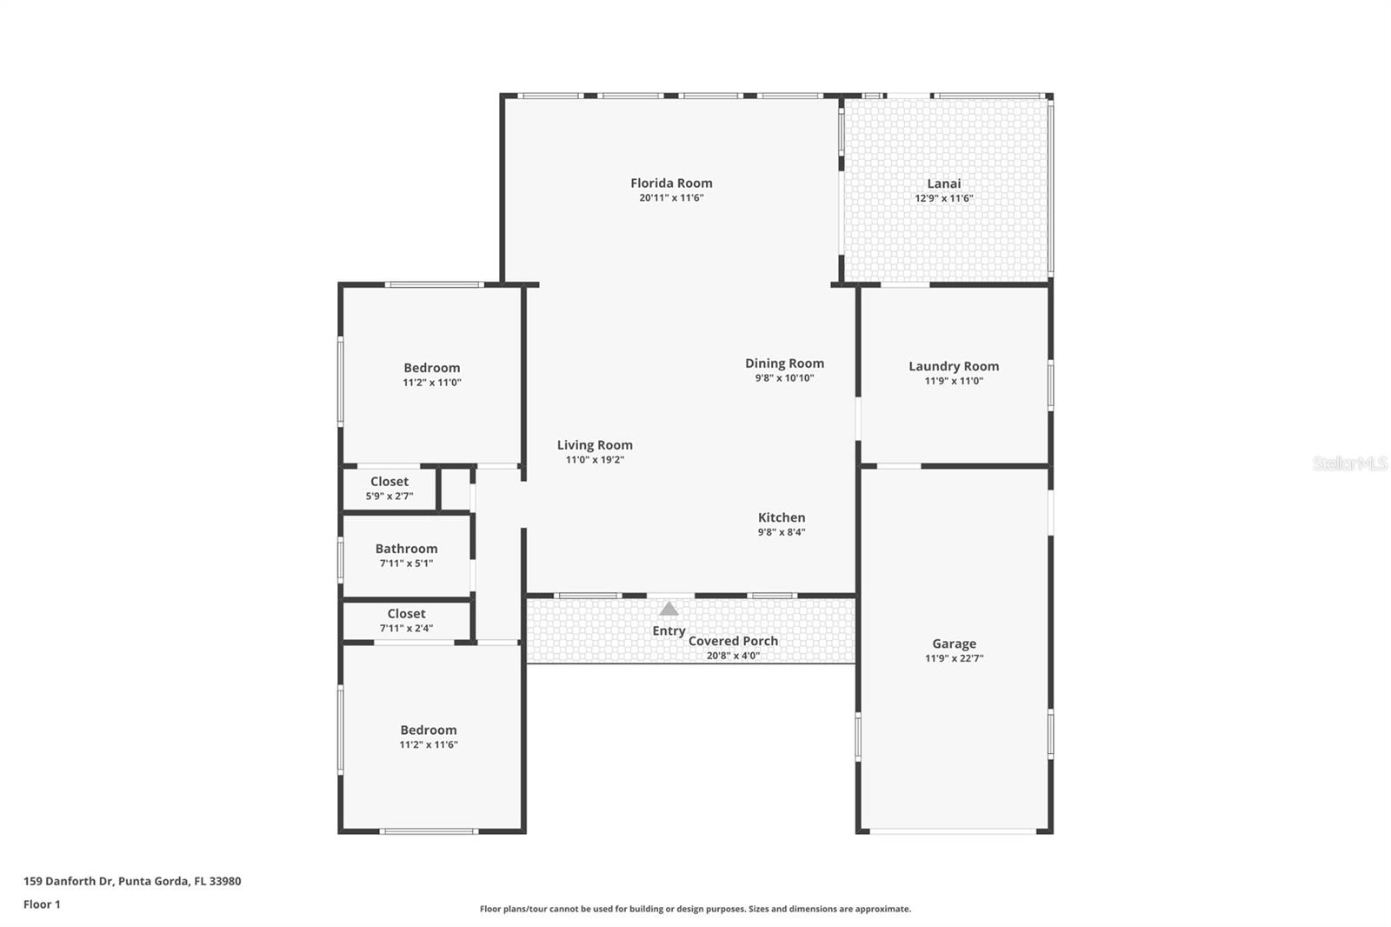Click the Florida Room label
(x=671, y=183)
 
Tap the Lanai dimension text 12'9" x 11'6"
(x=943, y=198)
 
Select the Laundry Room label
(x=954, y=366)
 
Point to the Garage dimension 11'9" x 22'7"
(x=954, y=658)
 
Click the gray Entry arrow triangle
(x=669, y=609)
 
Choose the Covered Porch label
(x=733, y=641)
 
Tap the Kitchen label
(x=781, y=517)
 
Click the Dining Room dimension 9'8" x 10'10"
(x=784, y=378)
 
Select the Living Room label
(x=595, y=445)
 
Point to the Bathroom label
(x=406, y=549)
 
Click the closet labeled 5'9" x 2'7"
(x=389, y=482)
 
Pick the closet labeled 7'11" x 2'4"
(x=406, y=614)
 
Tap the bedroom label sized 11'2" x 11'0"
(x=431, y=368)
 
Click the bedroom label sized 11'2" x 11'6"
(x=428, y=730)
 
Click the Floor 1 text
(x=42, y=904)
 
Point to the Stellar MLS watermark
(x=1349, y=463)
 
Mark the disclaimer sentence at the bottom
(x=695, y=909)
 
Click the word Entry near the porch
(x=669, y=630)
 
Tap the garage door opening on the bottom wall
(x=953, y=831)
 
